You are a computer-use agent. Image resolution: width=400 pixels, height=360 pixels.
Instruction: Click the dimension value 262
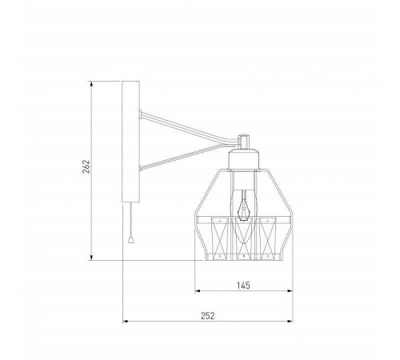coord(86,166)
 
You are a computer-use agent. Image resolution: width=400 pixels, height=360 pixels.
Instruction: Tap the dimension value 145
coord(243,286)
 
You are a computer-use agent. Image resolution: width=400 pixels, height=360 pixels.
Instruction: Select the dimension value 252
coord(208,316)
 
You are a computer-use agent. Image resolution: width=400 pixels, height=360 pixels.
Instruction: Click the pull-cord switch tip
coord(130,240)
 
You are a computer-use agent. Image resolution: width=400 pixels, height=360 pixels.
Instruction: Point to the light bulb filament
coord(243,206)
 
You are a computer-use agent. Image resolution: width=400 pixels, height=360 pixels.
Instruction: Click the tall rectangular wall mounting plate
coord(130,142)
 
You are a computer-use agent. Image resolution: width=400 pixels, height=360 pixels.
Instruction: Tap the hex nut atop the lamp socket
coord(243,142)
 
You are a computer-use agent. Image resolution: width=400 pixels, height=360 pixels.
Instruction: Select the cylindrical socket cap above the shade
coord(243,159)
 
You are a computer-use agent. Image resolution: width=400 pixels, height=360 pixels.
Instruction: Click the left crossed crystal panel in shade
coord(220,238)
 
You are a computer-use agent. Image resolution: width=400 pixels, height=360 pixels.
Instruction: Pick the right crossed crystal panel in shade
coord(267,238)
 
